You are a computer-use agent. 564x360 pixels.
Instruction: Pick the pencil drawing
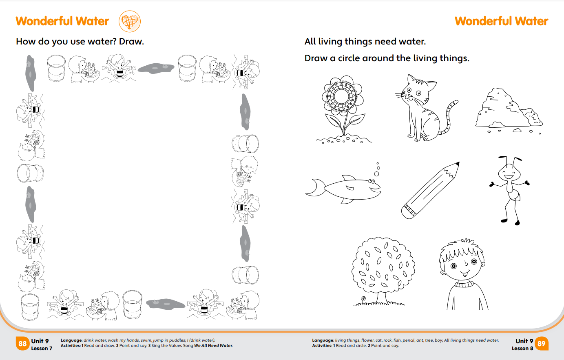click(x=430, y=191)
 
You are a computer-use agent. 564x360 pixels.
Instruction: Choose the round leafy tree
click(x=383, y=271)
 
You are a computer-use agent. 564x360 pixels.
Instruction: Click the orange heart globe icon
click(x=130, y=21)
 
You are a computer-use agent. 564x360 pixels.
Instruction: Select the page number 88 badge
click(x=22, y=344)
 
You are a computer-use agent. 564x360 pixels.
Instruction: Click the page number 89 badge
click(x=541, y=344)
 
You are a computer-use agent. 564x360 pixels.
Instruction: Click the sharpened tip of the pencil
click(x=458, y=164)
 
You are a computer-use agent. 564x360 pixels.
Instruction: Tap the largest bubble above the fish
click(x=377, y=174)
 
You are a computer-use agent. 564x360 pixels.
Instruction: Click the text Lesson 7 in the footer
click(x=42, y=349)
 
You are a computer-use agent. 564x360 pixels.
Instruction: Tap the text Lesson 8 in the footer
click(x=522, y=349)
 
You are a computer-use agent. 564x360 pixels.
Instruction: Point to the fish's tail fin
click(x=315, y=187)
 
